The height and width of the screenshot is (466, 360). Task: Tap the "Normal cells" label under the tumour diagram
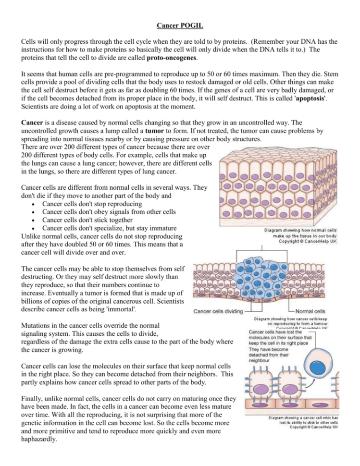tap(314, 311)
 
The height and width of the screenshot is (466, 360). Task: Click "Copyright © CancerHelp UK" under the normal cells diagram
tap(306, 242)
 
